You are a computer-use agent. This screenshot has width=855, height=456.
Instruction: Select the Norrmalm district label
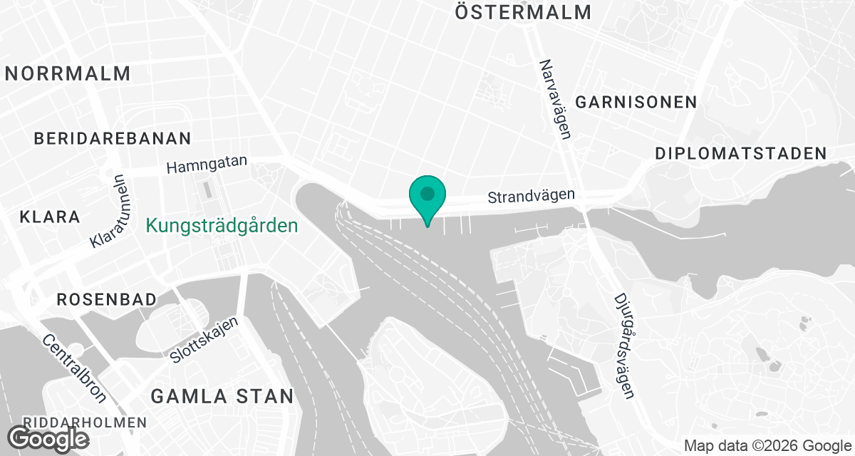click(68, 73)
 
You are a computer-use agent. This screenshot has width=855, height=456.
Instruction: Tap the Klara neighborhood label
click(50, 217)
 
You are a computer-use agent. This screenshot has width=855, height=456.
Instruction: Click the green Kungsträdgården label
click(222, 227)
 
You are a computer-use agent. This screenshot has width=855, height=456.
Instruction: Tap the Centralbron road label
click(74, 369)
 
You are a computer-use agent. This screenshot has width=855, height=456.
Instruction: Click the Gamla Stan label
click(222, 396)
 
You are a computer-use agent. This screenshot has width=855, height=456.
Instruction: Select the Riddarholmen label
click(84, 423)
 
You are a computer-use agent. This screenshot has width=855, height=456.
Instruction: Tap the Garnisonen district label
click(636, 102)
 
